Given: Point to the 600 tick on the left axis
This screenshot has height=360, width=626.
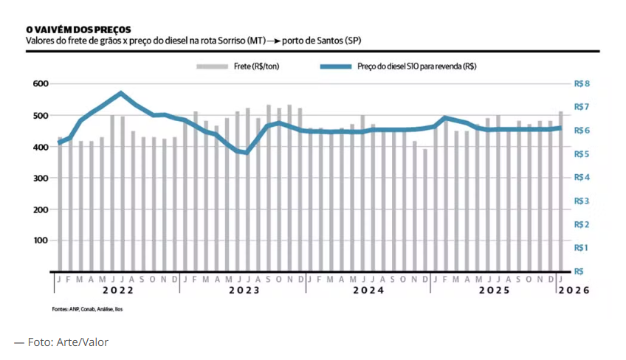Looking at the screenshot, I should [x=39, y=84].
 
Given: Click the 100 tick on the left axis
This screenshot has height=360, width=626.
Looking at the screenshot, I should [x=39, y=240].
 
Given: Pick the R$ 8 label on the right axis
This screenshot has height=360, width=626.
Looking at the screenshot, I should [x=582, y=84].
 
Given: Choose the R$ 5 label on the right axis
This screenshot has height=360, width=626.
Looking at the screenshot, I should [x=582, y=154].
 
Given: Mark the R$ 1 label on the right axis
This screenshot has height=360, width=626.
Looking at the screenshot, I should [x=582, y=247].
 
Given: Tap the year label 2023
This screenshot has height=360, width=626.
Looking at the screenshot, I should [x=243, y=291].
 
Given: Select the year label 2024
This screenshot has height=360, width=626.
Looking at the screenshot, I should [x=368, y=291].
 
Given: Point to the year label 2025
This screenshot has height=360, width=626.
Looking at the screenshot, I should [x=493, y=291].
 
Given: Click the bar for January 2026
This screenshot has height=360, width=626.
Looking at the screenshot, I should [x=561, y=192].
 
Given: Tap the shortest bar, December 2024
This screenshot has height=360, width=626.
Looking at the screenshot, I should [x=425, y=210].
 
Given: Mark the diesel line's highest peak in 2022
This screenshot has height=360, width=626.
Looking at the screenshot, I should [x=121, y=93].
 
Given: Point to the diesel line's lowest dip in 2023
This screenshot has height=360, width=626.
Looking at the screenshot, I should [x=246, y=153].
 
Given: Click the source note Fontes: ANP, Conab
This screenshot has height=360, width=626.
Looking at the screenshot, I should [x=87, y=308].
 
